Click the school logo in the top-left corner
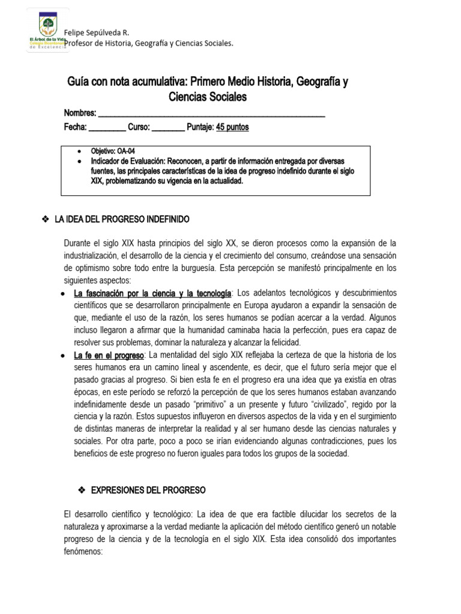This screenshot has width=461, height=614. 47,31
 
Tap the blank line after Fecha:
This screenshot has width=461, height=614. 107,127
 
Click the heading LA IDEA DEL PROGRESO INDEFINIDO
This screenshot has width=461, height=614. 122,219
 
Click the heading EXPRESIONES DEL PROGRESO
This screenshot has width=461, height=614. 148,490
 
